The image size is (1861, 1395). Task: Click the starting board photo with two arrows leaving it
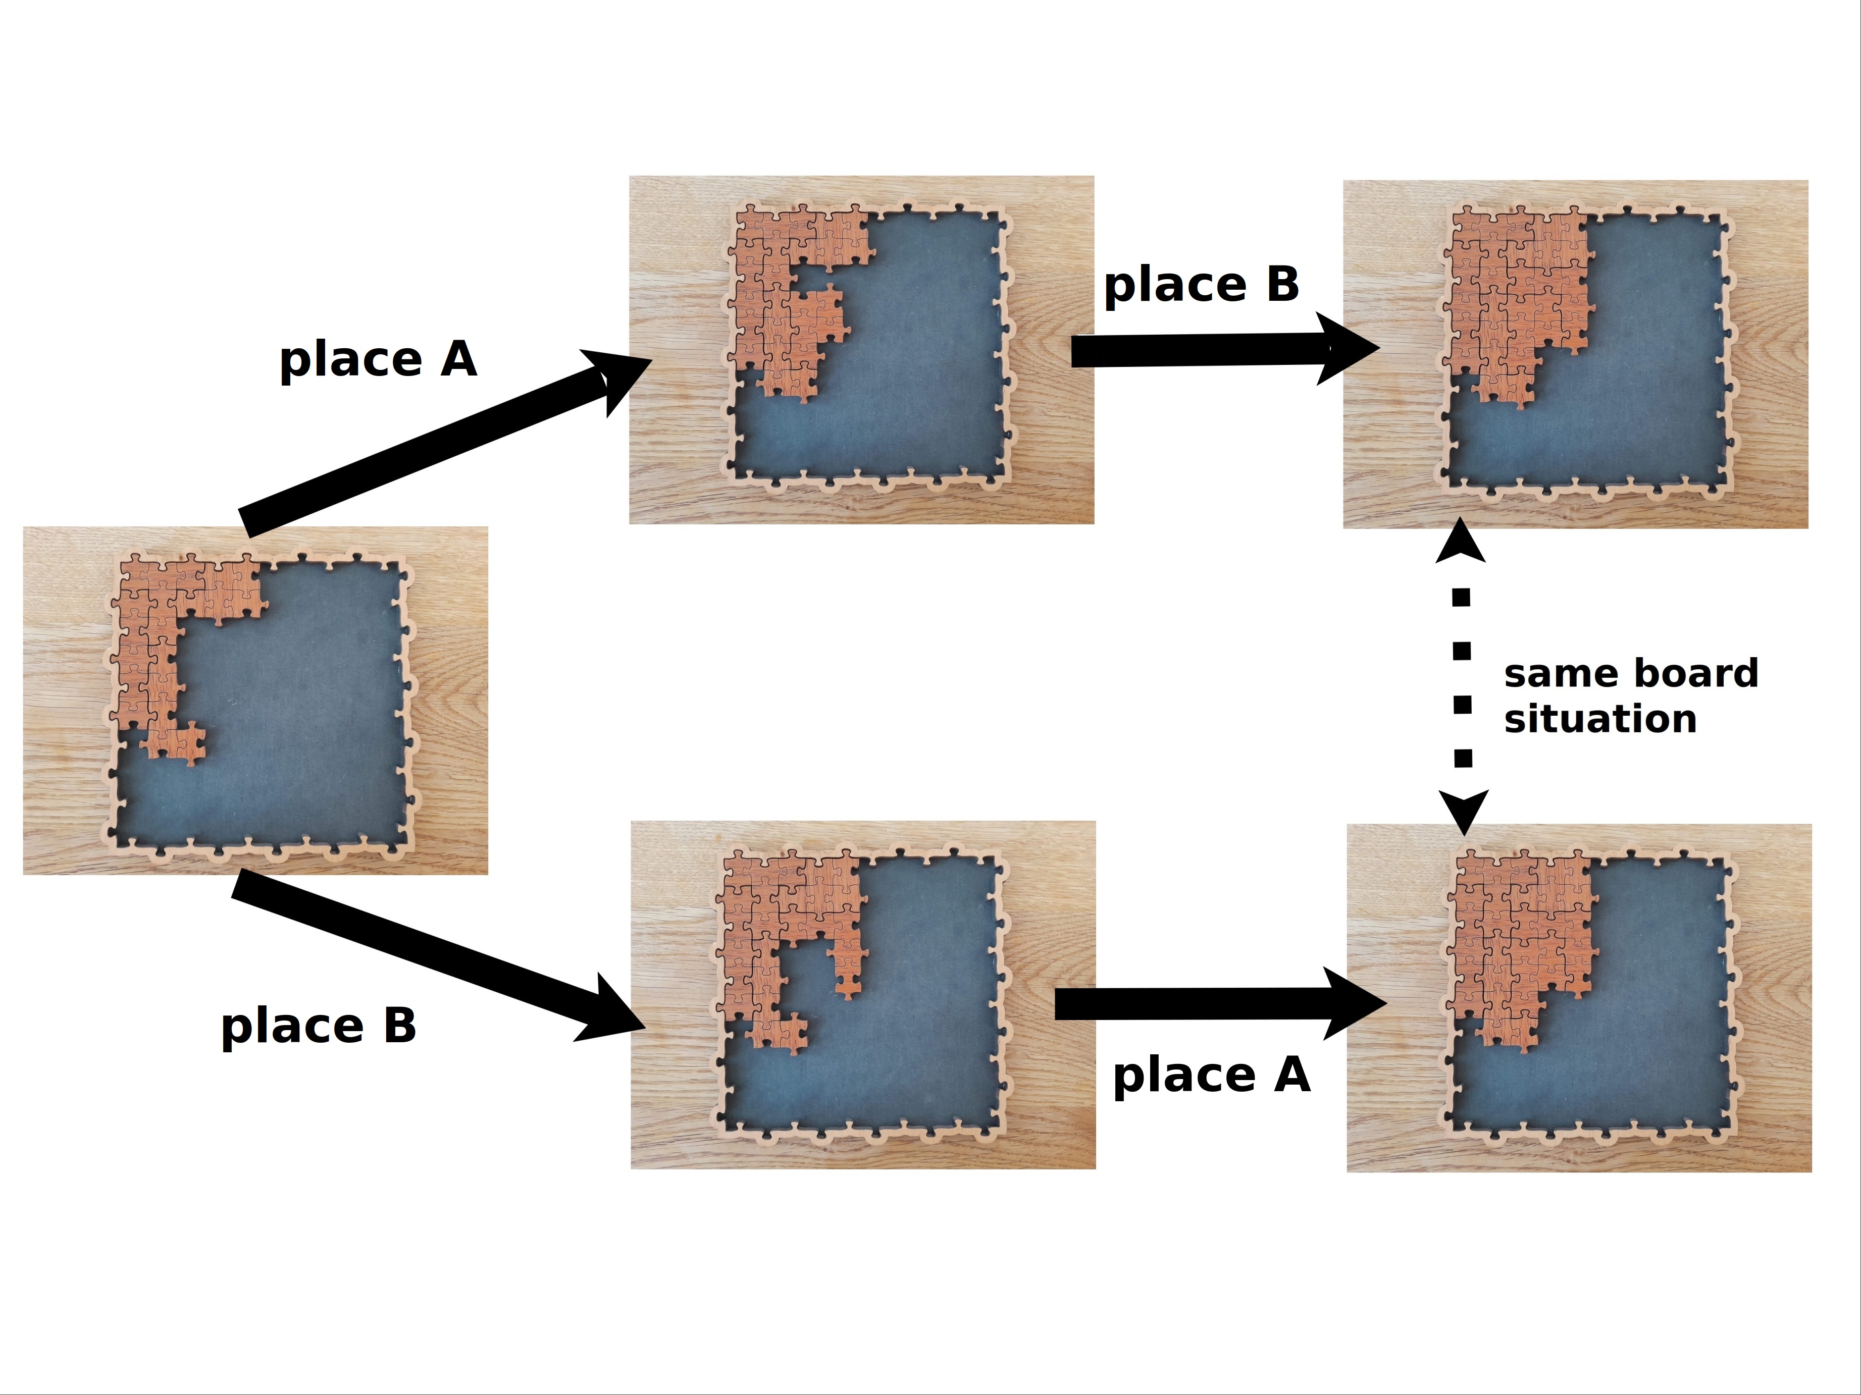[x=255, y=701]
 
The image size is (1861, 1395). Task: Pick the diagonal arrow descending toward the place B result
[x=438, y=956]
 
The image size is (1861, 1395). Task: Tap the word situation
[x=1600, y=719]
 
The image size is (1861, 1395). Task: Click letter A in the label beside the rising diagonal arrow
[x=458, y=360]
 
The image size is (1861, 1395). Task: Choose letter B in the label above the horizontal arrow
[x=1282, y=284]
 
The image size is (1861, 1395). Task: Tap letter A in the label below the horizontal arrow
[x=1293, y=1075]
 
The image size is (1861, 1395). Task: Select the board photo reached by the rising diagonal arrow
[x=861, y=350]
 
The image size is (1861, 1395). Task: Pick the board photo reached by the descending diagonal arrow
[x=863, y=995]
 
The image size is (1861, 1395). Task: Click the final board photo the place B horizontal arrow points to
[x=1576, y=354]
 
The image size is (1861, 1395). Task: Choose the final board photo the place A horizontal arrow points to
[x=1579, y=998]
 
